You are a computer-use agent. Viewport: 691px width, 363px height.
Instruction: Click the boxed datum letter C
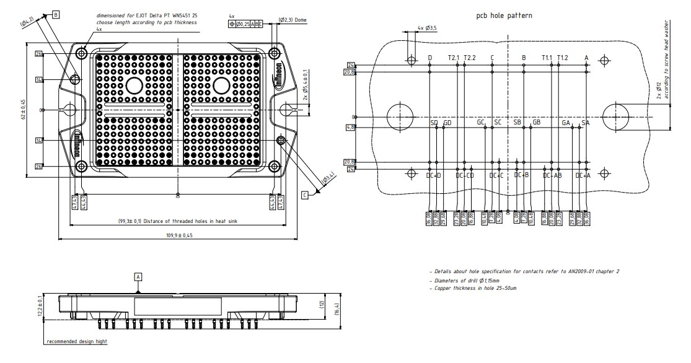click(305, 195)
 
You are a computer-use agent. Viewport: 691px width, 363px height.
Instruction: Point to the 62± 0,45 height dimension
click(24, 109)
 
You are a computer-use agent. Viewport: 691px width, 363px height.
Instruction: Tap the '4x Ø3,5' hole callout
click(427, 28)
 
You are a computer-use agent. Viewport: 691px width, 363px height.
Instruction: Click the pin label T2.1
click(454, 58)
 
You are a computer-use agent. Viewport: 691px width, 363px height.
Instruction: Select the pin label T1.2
click(562, 58)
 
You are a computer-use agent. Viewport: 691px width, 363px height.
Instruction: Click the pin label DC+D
click(434, 175)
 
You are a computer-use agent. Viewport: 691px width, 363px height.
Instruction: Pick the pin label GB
click(537, 123)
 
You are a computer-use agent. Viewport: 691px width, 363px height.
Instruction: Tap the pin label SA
click(585, 123)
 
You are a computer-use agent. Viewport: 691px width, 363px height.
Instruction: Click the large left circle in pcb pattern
click(400, 116)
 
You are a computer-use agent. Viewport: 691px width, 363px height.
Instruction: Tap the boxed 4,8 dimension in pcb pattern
click(350, 128)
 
